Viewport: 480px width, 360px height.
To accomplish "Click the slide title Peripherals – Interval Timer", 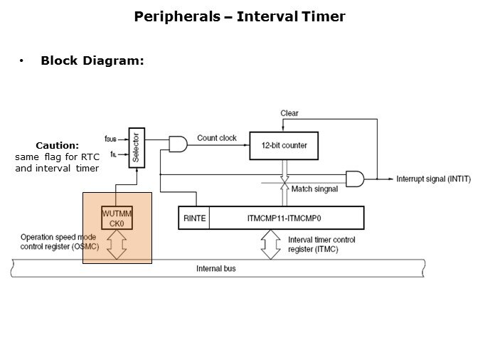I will (240, 16).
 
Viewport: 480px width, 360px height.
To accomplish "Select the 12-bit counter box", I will (284, 145).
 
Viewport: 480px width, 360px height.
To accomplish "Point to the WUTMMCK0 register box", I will (117, 218).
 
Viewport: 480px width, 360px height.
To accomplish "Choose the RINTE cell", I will (193, 218).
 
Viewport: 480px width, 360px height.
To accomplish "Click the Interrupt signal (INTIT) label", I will (432, 179).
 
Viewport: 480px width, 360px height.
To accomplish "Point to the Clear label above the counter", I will (289, 113).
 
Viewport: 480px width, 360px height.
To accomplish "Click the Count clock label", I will (217, 138).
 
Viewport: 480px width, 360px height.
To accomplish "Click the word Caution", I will (58, 145).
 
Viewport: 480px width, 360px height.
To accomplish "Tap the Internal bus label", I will (216, 269).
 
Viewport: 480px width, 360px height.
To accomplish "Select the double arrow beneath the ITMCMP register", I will (270, 244).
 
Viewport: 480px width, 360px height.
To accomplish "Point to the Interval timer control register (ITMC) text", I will (321, 244).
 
